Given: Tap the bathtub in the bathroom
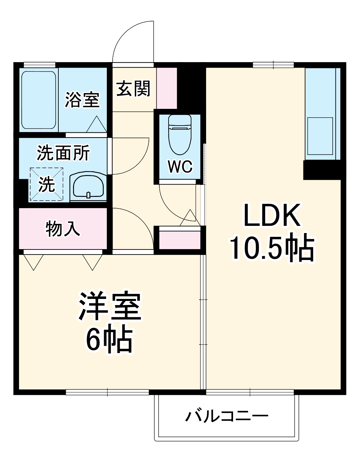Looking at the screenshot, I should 38,100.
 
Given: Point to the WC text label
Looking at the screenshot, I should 180,167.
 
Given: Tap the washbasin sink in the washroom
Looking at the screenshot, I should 88,186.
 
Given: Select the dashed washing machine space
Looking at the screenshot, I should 46,184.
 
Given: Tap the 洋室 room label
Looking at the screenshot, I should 110,306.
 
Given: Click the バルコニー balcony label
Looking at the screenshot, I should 227,416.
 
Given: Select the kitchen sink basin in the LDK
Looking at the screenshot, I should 320,135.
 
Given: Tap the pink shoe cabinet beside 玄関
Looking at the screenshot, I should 167,88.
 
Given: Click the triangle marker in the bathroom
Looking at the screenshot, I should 97,125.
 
